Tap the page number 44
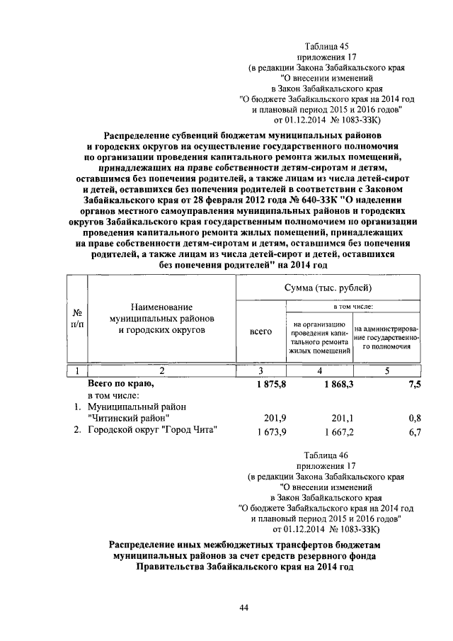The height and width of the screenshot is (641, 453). (x=243, y=607)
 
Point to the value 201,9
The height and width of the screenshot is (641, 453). (x=261, y=418)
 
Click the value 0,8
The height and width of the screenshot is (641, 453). (x=415, y=418)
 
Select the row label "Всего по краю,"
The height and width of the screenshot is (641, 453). (x=120, y=383)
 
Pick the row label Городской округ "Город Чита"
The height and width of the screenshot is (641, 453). (x=151, y=430)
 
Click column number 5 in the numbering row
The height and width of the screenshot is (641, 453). (x=386, y=370)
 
